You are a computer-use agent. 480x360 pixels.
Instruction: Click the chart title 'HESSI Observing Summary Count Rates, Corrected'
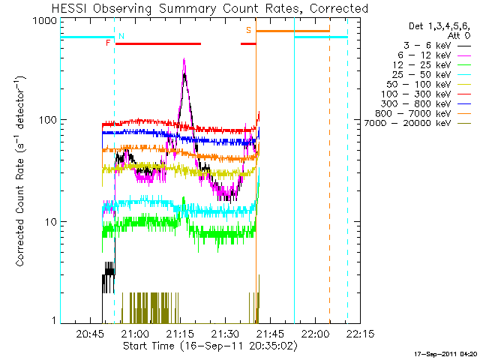click(x=210, y=8)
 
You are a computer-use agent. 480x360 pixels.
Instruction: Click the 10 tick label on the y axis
click(x=46, y=222)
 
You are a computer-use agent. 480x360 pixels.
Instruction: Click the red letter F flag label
click(x=108, y=43)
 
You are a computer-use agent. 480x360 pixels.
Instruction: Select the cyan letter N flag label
click(x=121, y=36)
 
